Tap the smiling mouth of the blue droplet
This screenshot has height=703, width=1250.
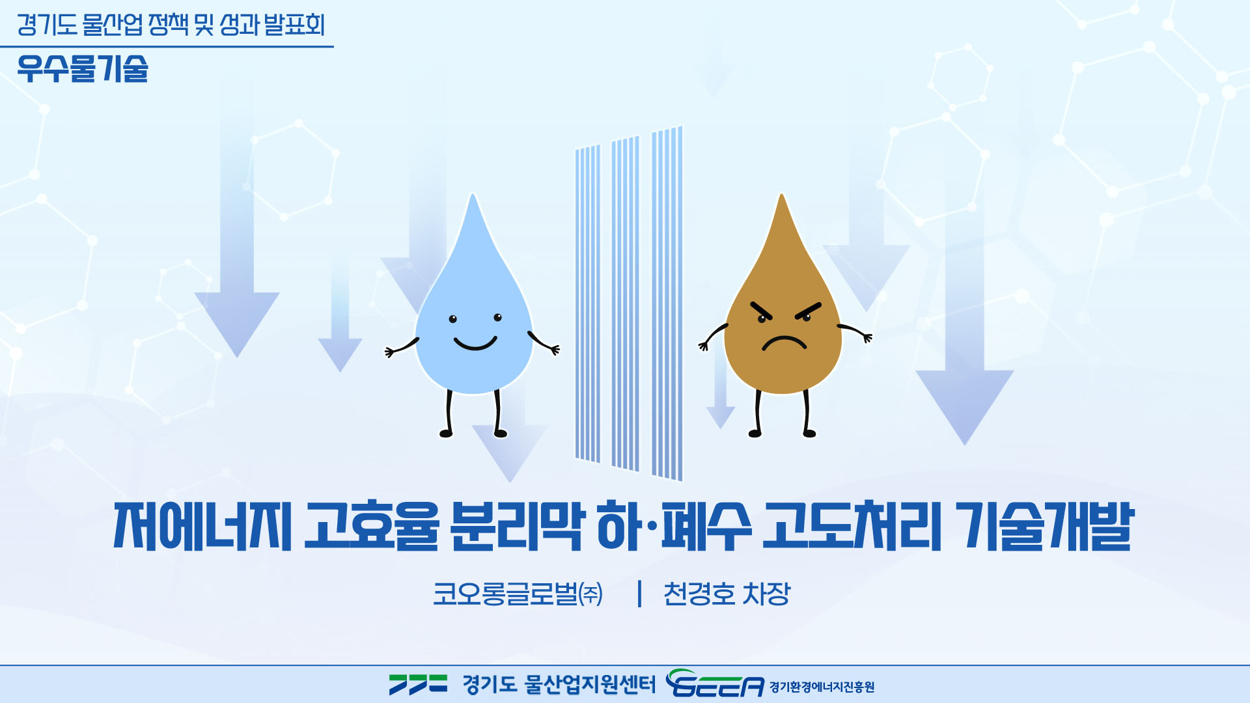click(475, 344)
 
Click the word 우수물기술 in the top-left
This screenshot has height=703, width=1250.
click(83, 68)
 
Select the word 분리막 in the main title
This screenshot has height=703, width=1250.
click(515, 526)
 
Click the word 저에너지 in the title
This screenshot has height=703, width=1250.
click(202, 526)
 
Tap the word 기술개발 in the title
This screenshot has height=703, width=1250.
click(1047, 526)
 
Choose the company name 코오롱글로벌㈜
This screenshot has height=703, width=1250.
click(518, 594)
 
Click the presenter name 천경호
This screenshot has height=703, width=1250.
click(699, 594)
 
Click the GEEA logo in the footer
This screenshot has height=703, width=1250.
click(715, 683)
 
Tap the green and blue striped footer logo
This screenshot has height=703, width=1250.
click(418, 684)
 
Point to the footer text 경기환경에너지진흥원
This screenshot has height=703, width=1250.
click(822, 687)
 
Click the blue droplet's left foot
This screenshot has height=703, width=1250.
click(447, 433)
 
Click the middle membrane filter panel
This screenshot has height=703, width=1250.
click(625, 303)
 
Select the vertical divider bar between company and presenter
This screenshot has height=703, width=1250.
click(640, 594)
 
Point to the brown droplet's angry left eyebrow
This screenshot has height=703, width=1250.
click(761, 310)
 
